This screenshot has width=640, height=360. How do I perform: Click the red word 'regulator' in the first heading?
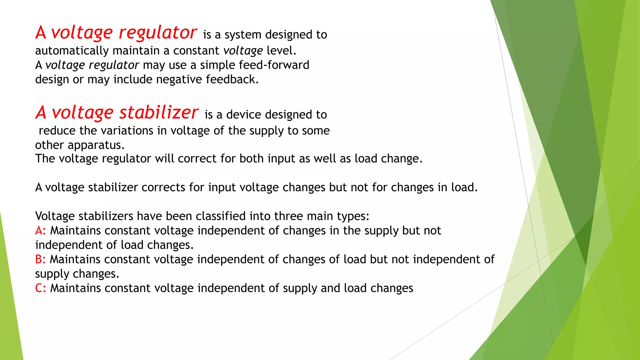pos(158,33)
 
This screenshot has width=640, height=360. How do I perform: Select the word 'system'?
pos(243,35)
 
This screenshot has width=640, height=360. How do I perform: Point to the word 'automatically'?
pos(72,51)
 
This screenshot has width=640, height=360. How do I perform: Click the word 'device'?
pos(244,115)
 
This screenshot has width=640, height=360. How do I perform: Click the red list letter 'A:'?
pos(40,231)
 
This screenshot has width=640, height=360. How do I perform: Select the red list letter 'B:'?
pos(40,259)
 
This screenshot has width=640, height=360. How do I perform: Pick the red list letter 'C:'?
pos(40,288)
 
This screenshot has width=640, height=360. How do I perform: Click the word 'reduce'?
pos(57,131)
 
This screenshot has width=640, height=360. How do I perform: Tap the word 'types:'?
pos(353,216)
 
